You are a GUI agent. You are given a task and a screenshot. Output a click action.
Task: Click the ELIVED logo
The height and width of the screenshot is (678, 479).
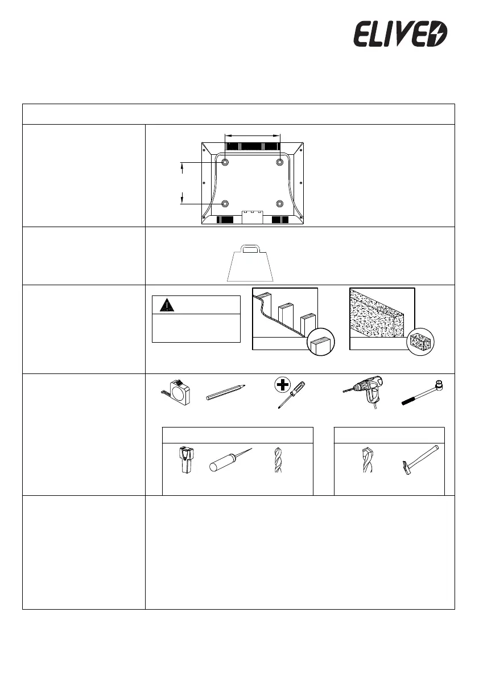(x=401, y=34)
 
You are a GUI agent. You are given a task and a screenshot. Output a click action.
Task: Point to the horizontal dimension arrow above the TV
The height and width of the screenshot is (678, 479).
(x=253, y=135)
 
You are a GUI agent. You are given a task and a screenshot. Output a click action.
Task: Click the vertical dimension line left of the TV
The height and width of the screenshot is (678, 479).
(x=183, y=183)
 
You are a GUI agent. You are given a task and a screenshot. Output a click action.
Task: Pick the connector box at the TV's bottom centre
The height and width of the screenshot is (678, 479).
(x=251, y=215)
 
